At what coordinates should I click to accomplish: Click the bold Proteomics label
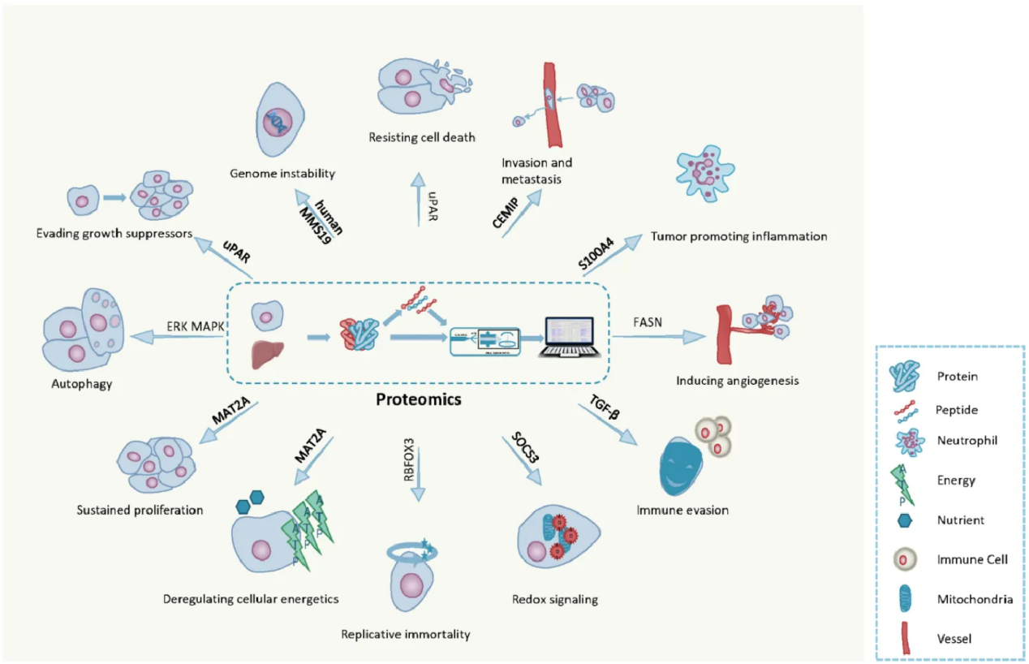tap(418, 399)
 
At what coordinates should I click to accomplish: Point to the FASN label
tap(647, 321)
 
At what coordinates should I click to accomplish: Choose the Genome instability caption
tap(282, 173)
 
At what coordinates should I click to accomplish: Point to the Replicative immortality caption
tap(406, 635)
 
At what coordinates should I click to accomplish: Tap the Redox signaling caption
tap(555, 600)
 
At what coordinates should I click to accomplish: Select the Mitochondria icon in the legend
tap(907, 599)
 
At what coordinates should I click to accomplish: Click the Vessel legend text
tap(954, 639)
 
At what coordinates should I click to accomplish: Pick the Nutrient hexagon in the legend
tap(907, 520)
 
